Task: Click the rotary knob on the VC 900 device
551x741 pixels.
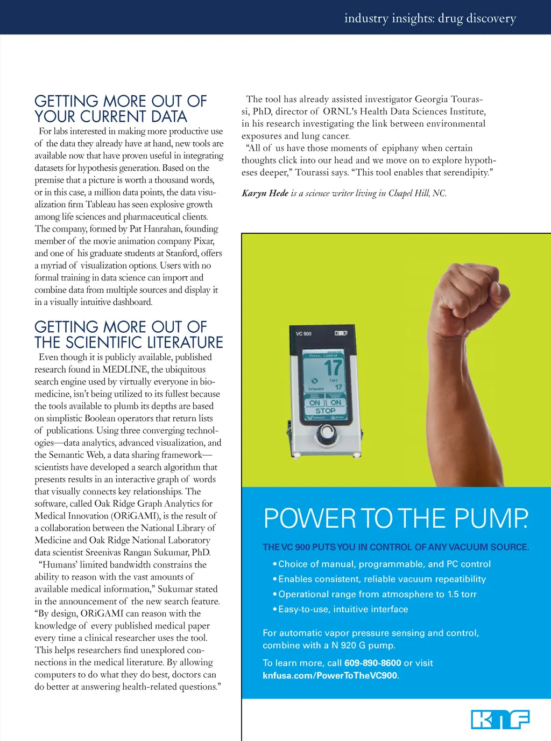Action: point(326,432)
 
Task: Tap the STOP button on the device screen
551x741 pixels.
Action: point(326,411)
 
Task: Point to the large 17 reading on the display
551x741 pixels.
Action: point(333,368)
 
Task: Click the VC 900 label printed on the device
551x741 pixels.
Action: point(303,334)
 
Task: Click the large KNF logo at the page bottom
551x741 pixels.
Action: point(500,719)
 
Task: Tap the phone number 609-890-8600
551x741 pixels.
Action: point(372,663)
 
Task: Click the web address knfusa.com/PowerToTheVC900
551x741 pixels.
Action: point(330,675)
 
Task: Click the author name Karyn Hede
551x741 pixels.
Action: point(265,193)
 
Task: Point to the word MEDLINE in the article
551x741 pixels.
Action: point(125,369)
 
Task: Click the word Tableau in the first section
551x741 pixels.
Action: point(101,205)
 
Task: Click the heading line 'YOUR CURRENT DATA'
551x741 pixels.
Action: point(111,117)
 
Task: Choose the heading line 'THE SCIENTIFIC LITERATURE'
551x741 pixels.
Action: point(129,342)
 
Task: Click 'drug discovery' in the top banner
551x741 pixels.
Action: point(477,18)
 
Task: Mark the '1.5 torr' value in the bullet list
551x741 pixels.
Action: point(462,594)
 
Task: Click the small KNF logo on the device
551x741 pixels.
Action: point(341,333)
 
